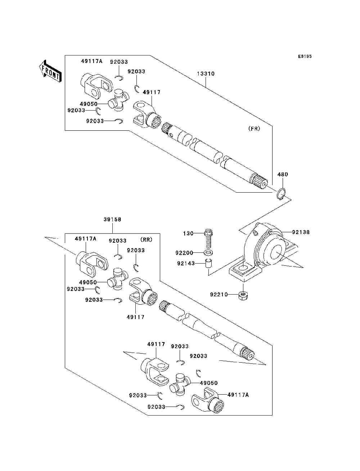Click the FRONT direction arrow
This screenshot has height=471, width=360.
50,71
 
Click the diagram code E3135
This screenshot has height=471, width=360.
305,57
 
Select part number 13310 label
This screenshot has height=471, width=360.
206,73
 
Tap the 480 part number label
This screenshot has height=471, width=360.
283,174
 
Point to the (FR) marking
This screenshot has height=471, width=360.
254,129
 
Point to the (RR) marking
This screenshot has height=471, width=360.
146,239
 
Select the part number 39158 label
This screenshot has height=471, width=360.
112,219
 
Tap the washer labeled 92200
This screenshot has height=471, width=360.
208,252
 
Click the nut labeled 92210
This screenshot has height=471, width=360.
243,296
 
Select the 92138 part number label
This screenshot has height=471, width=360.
301,232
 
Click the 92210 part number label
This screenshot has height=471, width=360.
219,295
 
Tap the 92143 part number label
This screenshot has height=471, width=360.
186,263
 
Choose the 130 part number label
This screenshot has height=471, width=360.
188,233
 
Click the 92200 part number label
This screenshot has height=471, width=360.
184,253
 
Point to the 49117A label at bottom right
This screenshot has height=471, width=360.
238,395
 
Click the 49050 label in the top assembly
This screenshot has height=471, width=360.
89,104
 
